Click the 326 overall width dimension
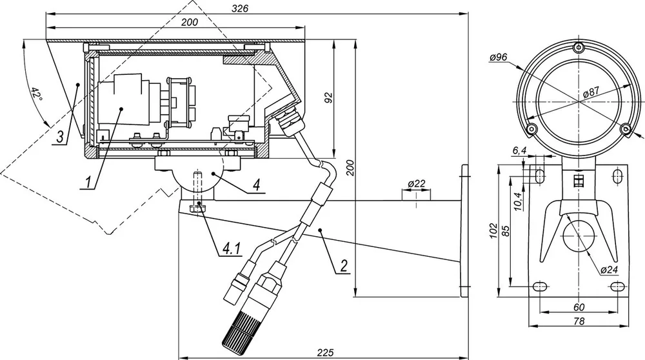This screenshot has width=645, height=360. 240,8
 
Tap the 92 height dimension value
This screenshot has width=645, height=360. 328,98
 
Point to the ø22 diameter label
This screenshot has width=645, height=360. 416,183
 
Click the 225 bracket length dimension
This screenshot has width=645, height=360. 325,353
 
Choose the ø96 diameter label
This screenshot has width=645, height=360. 498,57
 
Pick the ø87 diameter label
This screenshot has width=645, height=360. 591,92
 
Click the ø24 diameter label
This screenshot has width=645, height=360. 610,270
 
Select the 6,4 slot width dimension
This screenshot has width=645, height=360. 519,151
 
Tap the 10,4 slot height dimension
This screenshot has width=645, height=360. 518,201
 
